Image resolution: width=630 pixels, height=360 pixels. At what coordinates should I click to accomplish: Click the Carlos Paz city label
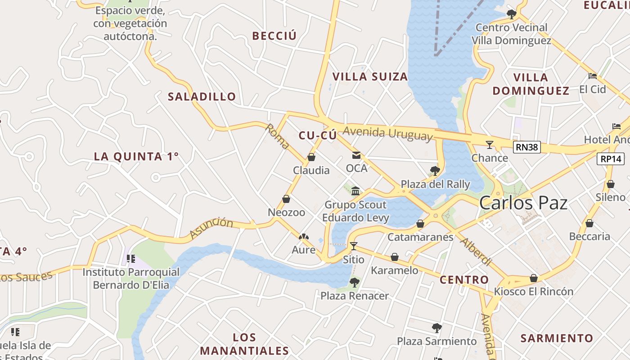tap(523, 203)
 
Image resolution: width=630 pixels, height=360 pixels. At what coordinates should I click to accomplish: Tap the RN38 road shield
tap(527, 147)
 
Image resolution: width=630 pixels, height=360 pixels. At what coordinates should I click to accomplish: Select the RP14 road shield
tap(611, 158)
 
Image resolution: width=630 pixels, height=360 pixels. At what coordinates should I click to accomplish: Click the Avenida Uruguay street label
tap(387, 134)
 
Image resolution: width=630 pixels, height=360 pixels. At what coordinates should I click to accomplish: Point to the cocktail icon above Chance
tap(490, 144)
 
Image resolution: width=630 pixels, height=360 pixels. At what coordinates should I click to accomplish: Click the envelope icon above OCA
tap(356, 155)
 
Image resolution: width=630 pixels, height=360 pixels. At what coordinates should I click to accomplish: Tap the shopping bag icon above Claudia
tap(311, 157)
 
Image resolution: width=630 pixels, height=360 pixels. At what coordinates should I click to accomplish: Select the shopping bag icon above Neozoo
tap(286, 199)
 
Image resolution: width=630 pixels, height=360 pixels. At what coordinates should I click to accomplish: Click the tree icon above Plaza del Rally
tap(435, 171)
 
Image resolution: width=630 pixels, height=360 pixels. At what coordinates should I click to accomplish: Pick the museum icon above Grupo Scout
tap(355, 191)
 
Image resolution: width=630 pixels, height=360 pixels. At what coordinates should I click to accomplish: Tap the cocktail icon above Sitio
tap(354, 246)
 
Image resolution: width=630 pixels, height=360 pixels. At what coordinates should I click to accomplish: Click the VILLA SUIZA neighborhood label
tap(370, 76)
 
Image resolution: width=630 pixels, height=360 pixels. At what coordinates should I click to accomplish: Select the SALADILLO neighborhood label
tap(202, 96)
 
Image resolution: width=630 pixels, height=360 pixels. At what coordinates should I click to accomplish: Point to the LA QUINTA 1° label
tap(136, 157)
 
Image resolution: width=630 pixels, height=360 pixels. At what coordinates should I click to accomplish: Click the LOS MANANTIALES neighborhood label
tap(244, 344)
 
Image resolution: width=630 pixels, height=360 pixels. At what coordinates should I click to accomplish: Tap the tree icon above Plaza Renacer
tap(355, 283)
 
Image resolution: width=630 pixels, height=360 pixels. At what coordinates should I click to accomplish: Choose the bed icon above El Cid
tap(593, 76)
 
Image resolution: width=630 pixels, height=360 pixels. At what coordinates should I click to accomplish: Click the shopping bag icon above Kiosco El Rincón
tap(534, 278)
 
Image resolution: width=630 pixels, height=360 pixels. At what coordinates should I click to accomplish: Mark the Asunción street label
tap(211, 228)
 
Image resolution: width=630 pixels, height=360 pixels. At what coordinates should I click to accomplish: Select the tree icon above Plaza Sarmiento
tap(436, 328)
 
